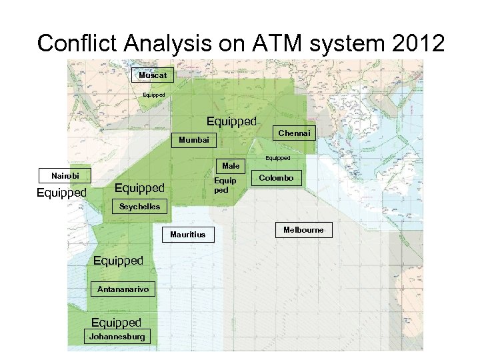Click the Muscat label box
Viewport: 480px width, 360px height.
pyautogui.click(x=153, y=75)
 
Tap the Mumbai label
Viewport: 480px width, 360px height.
pyautogui.click(x=194, y=140)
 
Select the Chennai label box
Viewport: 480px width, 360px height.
pyautogui.click(x=294, y=133)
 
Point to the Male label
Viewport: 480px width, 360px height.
pyautogui.click(x=231, y=165)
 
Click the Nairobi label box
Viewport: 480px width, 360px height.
pyautogui.click(x=65, y=176)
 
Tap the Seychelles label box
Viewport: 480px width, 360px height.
pyautogui.click(x=139, y=207)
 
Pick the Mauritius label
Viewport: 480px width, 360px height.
pyautogui.click(x=188, y=235)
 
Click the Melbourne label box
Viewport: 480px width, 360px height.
pyautogui.click(x=303, y=230)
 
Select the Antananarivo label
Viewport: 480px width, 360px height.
pyautogui.click(x=123, y=289)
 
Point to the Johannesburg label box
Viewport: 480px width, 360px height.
pyautogui.click(x=117, y=336)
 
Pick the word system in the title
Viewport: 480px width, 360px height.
pyautogui.click(x=346, y=43)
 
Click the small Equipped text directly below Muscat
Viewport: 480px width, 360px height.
pyautogui.click(x=153, y=95)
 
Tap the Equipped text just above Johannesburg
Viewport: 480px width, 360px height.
pyautogui.click(x=116, y=323)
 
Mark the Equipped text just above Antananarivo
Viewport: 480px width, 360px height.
pyautogui.click(x=118, y=261)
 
